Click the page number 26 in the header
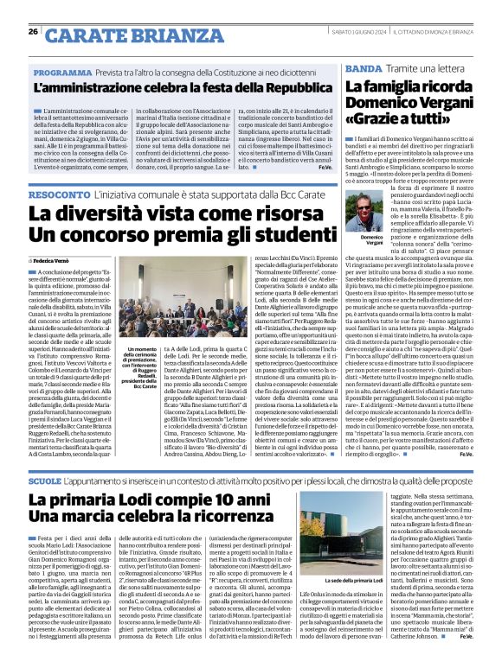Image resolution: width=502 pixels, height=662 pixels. (x=33, y=31)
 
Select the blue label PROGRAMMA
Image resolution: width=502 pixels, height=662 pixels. (x=64, y=73)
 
